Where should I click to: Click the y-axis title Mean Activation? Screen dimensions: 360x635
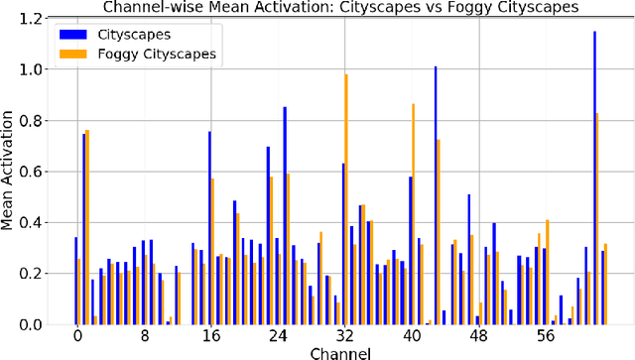(11, 172)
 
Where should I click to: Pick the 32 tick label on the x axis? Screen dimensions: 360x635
(343, 336)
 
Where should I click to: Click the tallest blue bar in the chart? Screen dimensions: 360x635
(594, 179)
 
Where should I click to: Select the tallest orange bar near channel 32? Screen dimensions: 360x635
(346, 199)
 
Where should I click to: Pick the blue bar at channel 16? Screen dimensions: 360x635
(209, 227)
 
